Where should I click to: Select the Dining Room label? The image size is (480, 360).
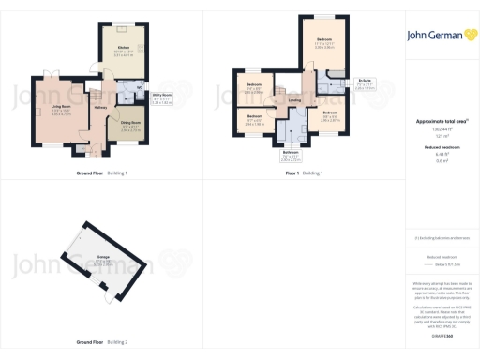130,123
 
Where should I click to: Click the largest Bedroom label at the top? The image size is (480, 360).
323,40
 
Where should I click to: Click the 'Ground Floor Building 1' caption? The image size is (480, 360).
101,173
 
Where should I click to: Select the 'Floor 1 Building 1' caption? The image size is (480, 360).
304,173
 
